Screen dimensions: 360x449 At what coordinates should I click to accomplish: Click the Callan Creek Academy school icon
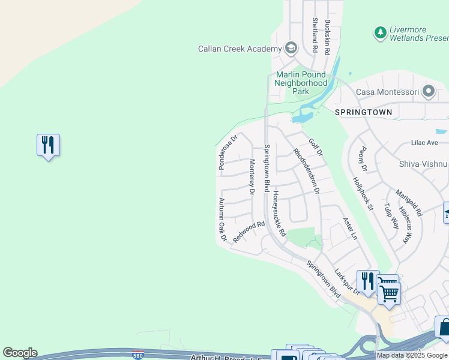[x=291, y=48]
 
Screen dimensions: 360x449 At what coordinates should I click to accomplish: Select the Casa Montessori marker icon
[x=429, y=92]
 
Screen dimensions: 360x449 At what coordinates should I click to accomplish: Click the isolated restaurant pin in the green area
[x=48, y=145]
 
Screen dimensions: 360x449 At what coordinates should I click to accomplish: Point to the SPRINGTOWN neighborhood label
[x=364, y=112]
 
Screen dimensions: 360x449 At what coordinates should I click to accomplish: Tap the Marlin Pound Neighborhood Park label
[x=301, y=83]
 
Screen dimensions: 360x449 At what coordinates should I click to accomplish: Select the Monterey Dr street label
[x=253, y=176]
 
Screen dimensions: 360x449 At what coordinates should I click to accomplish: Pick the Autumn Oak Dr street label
[x=222, y=220]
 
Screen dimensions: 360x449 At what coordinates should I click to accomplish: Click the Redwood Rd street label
[x=249, y=231]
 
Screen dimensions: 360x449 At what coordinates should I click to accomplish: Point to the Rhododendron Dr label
[x=306, y=171]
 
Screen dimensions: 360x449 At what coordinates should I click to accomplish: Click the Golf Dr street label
[x=316, y=148]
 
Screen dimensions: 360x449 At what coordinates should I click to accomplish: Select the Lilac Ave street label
[x=425, y=142]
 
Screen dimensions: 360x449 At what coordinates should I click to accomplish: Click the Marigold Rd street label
[x=409, y=203]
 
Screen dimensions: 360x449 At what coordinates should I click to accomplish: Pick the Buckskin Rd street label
[x=328, y=38]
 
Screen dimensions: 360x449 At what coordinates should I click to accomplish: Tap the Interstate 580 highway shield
[x=138, y=354]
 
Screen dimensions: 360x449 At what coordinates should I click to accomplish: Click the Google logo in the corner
[x=20, y=353]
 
